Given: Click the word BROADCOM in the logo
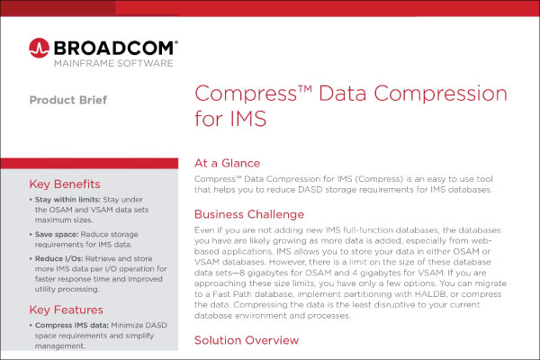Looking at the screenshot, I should point(115,45).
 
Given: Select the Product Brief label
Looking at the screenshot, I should point(67,100).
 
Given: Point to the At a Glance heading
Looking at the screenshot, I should point(228,163).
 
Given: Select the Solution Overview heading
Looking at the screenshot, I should point(247,341).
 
